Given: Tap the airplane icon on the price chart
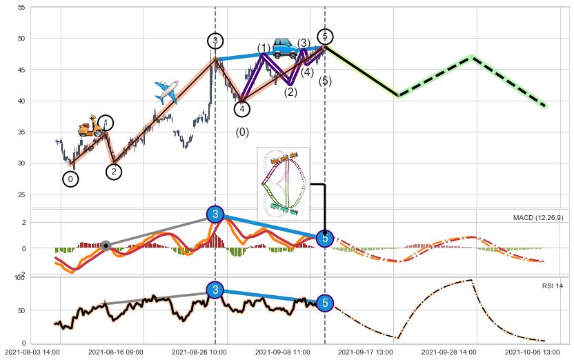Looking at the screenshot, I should pyautogui.click(x=166, y=92).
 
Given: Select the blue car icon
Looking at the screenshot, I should pyautogui.click(x=284, y=47).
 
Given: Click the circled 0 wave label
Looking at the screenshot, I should pyautogui.click(x=70, y=179).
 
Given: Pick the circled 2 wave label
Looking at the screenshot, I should pyautogui.click(x=115, y=172).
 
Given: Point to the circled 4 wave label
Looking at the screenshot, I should pyautogui.click(x=241, y=108).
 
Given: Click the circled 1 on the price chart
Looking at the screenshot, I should pyautogui.click(x=105, y=123).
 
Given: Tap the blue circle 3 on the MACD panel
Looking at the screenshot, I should pyautogui.click(x=215, y=214).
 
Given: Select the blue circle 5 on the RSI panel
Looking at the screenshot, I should pyautogui.click(x=325, y=303).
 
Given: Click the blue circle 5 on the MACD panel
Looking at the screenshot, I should pyautogui.click(x=325, y=238).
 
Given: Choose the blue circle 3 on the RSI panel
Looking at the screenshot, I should pyautogui.click(x=215, y=290).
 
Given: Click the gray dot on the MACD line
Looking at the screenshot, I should pyautogui.click(x=106, y=246).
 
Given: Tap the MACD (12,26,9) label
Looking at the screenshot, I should pyautogui.click(x=538, y=218).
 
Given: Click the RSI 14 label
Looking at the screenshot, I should pyautogui.click(x=553, y=286).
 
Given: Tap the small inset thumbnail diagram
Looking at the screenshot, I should pyautogui.click(x=283, y=183).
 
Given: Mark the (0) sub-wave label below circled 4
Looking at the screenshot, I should pyautogui.click(x=242, y=132).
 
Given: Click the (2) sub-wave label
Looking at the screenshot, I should pyautogui.click(x=290, y=92).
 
